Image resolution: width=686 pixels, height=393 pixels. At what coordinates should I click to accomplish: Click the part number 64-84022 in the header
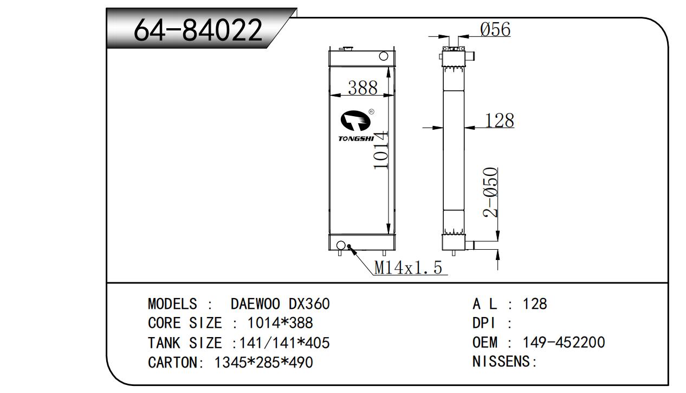pos(198,30)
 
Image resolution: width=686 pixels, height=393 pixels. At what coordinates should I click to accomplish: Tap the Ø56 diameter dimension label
pos(495,29)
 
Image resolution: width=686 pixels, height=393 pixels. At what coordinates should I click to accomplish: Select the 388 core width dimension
pos(363,88)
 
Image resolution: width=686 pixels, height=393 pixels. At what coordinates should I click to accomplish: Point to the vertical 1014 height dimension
pos(381,150)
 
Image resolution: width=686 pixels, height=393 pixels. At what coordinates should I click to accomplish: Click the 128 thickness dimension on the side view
pos(500,121)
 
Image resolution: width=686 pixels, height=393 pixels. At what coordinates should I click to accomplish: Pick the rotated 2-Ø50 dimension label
pos(490,192)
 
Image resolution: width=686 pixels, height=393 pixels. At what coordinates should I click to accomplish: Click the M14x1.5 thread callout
pos(408,268)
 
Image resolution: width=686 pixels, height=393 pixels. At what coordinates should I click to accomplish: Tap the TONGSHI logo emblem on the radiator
pos(356,121)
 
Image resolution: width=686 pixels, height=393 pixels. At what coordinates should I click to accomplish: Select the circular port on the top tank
pos(384,56)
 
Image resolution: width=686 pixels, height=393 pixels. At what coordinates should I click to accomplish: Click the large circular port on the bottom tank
pos(340,245)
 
